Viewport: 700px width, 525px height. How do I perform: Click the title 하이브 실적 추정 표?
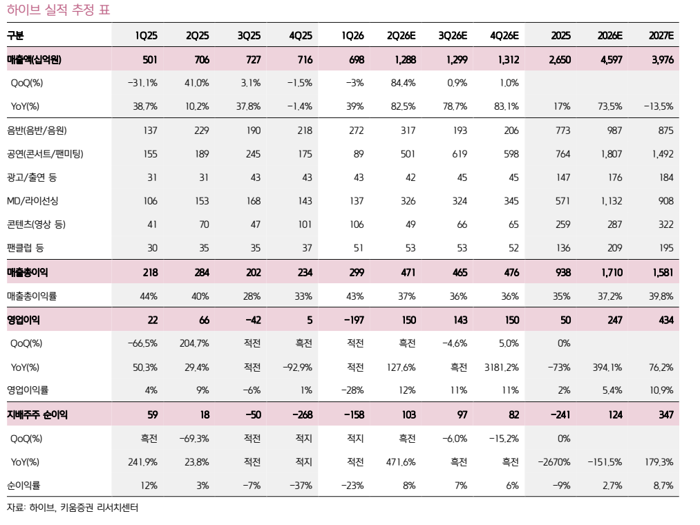59,10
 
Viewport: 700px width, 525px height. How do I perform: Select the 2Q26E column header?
401,36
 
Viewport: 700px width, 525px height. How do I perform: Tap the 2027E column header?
661,36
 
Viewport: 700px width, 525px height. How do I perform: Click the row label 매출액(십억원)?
34,59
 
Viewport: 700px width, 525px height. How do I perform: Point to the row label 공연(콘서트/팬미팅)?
45,154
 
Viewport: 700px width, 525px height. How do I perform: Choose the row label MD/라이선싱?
32,201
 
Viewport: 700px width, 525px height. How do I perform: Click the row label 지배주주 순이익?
37,414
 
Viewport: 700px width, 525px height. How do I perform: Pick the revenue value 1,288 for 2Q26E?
406,59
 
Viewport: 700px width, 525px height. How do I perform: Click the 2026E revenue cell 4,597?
611,59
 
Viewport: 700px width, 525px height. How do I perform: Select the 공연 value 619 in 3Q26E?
460,154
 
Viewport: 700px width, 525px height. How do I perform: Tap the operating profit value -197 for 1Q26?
354,320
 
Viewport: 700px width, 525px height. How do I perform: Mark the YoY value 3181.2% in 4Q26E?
502,367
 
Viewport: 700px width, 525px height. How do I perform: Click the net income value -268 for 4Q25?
303,414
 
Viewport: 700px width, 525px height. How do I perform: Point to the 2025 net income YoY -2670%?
554,462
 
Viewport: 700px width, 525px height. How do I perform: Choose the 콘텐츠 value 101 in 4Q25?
305,224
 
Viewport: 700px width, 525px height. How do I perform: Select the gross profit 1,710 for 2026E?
612,272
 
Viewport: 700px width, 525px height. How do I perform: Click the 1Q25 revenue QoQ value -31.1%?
142,83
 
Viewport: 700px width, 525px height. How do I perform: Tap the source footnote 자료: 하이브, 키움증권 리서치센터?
73,508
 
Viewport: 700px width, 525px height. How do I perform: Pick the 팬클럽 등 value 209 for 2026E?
615,248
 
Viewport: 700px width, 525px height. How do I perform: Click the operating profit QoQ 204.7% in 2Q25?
194,343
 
